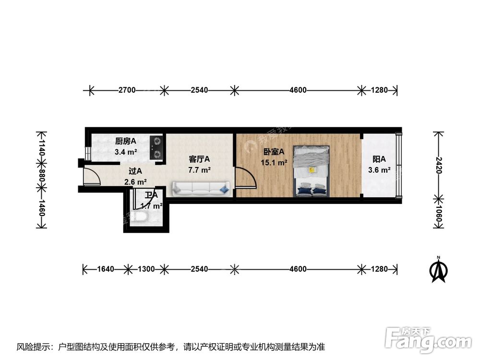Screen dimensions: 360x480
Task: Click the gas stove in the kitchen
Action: (156, 147)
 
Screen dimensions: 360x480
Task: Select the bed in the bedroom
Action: (312, 170)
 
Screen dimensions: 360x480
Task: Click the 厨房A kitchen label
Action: (125, 141)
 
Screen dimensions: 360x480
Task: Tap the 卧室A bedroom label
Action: (274, 152)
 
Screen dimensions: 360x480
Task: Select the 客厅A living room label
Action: (199, 159)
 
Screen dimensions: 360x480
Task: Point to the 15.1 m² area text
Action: (274, 163)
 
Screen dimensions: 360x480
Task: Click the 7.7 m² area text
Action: (199, 170)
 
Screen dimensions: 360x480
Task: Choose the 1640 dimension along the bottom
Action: (105, 269)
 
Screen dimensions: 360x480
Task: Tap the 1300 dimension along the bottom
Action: (146, 269)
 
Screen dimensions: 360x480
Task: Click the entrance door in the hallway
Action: (91, 177)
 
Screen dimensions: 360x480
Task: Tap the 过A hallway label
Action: (135, 171)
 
